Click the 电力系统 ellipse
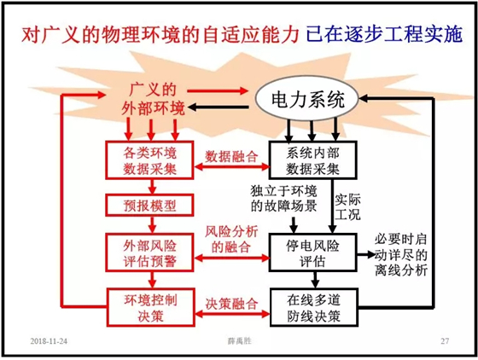click(307, 99)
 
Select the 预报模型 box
click(149, 206)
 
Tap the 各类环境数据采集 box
click(149, 160)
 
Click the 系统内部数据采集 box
click(312, 160)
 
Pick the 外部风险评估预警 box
click(149, 253)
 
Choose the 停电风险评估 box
click(312, 253)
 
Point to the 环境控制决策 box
click(150, 307)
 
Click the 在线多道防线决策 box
click(313, 307)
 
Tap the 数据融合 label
click(231, 157)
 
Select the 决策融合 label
click(231, 304)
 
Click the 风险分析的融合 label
click(231, 239)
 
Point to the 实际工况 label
click(347, 206)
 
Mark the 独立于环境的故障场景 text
click(283, 198)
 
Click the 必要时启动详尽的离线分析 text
click(400, 254)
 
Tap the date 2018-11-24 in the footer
click(49, 341)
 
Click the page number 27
click(445, 341)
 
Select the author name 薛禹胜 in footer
click(240, 341)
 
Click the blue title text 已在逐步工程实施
click(385, 34)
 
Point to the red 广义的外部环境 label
click(153, 99)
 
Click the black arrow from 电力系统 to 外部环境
click(218, 107)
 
